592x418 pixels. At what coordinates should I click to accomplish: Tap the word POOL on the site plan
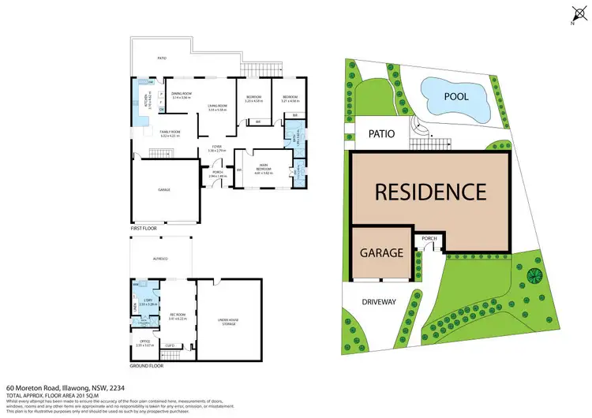455,96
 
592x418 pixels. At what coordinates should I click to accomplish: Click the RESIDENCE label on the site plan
429,192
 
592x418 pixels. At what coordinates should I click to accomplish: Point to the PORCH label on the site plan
429,238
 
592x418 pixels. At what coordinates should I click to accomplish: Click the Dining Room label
182,95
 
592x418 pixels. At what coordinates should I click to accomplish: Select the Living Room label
217,107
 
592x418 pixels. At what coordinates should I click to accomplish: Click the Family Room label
170,133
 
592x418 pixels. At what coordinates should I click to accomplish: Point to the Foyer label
216,147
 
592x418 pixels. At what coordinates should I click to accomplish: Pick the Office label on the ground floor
142,342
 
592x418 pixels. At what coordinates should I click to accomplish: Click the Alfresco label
161,259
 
